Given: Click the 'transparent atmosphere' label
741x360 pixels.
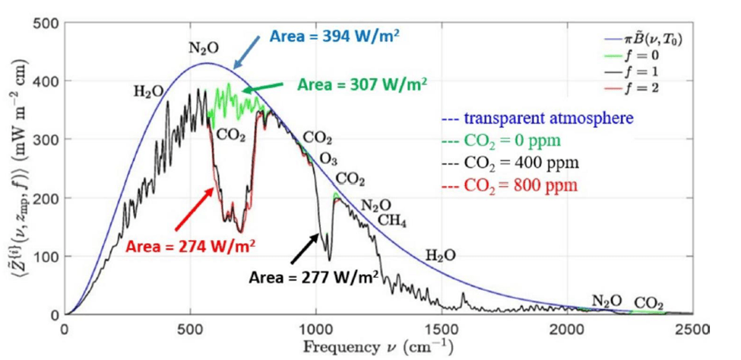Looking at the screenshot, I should pyautogui.click(x=537, y=118).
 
